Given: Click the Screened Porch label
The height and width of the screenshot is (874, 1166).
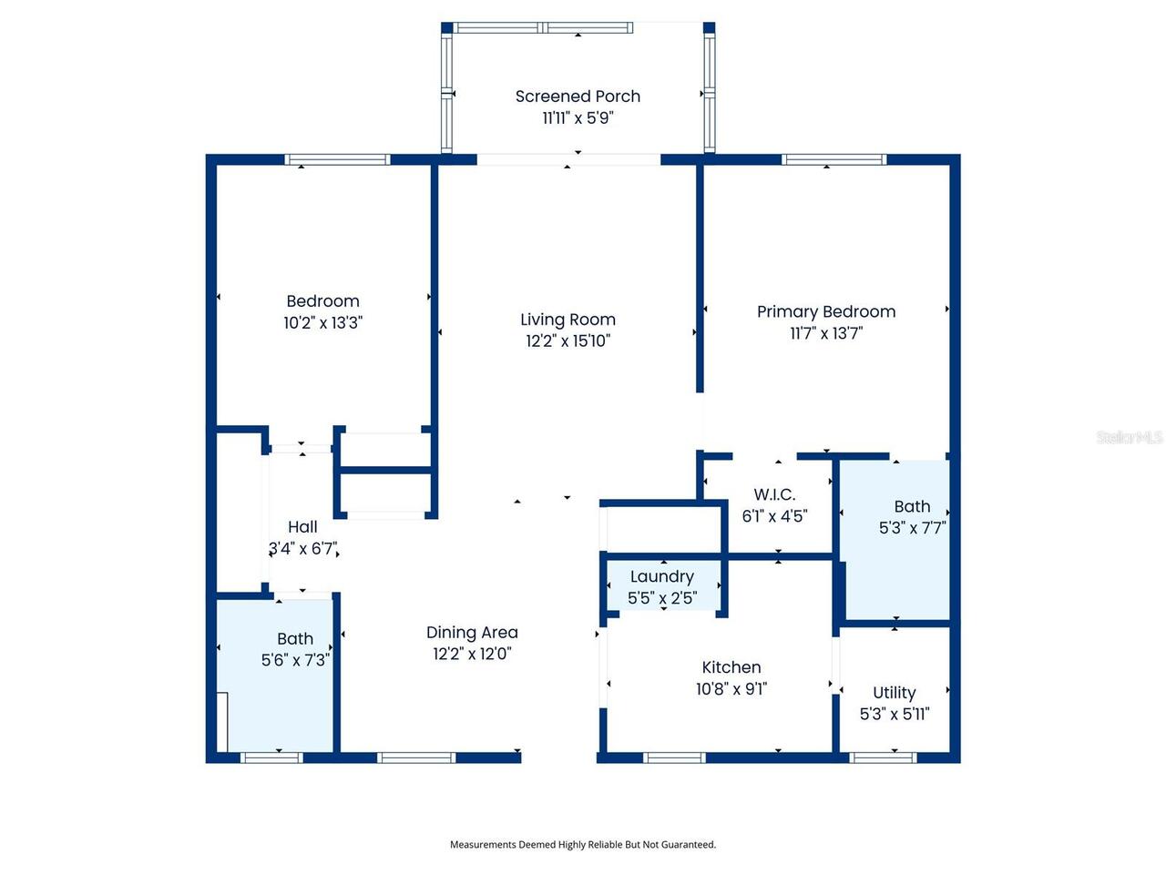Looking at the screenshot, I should tap(578, 97).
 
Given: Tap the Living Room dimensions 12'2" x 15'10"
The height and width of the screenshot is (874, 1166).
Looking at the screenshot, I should tap(568, 341).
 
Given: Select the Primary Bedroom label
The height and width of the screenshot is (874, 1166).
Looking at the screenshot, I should tap(826, 311).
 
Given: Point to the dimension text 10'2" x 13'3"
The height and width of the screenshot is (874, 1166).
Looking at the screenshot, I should tap(322, 322).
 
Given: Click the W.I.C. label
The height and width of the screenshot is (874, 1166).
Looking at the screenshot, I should tap(774, 494).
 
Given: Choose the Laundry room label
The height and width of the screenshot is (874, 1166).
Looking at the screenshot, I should tap(662, 576).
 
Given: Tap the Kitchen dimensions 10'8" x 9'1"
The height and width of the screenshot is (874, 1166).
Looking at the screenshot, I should tap(731, 689).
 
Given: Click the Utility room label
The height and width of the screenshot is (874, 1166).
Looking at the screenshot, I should tap(894, 693).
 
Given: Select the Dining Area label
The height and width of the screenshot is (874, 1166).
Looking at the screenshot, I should tap(472, 632).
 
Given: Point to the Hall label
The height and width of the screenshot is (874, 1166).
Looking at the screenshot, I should tap(302, 527).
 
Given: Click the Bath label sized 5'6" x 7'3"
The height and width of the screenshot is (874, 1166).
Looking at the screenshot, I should tap(295, 639).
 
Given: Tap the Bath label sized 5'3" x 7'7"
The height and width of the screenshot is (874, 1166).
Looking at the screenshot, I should tap(912, 506).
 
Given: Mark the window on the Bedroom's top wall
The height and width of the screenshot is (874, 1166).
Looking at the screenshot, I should tap(338, 160).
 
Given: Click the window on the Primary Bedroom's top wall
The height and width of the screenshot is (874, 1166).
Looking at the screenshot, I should tap(834, 160).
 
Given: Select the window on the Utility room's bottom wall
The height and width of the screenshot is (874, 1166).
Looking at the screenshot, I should tap(882, 757).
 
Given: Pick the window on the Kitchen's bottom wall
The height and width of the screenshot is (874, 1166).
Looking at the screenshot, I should tap(674, 757).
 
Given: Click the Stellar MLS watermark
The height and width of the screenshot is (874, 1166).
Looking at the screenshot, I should tap(1129, 437).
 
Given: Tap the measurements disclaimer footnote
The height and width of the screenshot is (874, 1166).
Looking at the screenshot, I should tap(583, 845).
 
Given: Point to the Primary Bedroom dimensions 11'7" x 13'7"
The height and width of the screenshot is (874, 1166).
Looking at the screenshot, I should tap(826, 333).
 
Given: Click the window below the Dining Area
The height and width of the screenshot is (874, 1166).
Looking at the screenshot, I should tap(416, 757).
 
